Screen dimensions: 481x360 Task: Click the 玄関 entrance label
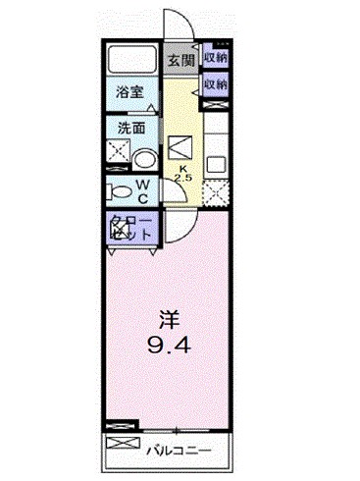[x=180, y=61]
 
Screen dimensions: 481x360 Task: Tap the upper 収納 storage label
[x=216, y=57]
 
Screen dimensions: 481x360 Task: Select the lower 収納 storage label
[x=216, y=84]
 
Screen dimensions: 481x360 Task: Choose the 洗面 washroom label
[x=131, y=128]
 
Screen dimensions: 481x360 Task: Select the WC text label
[x=142, y=188]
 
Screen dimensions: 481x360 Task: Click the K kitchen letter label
[x=181, y=168]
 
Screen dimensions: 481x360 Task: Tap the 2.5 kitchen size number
[x=181, y=178]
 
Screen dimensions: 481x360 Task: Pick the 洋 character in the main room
[x=169, y=319]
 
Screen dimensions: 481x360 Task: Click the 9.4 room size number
[x=169, y=345]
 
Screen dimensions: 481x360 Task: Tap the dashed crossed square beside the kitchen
[x=217, y=190]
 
